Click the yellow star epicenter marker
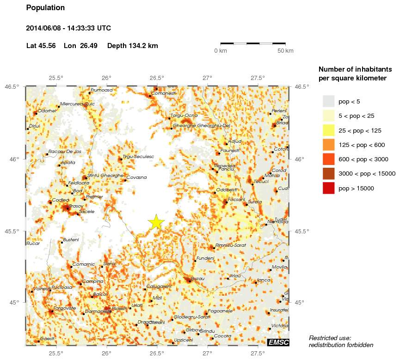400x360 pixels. click(x=156, y=222)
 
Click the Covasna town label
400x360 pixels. click(x=136, y=177)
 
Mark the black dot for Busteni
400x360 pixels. click(x=62, y=242)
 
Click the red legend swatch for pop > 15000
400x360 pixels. click(x=328, y=188)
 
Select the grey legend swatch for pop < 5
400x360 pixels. click(x=328, y=101)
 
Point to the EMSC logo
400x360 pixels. click(x=278, y=342)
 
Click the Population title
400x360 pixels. click(x=45, y=8)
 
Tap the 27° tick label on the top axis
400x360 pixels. click(x=207, y=78)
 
